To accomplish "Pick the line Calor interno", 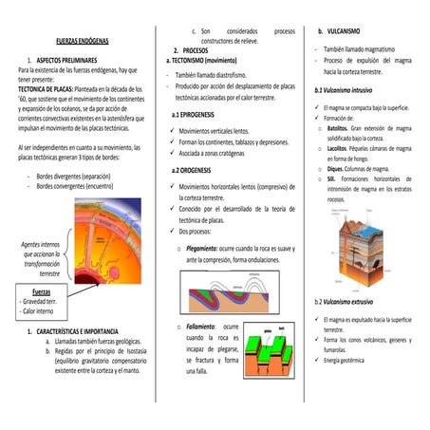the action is pyautogui.click(x=39, y=310).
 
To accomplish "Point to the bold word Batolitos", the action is pyautogui.click(x=340, y=127).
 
